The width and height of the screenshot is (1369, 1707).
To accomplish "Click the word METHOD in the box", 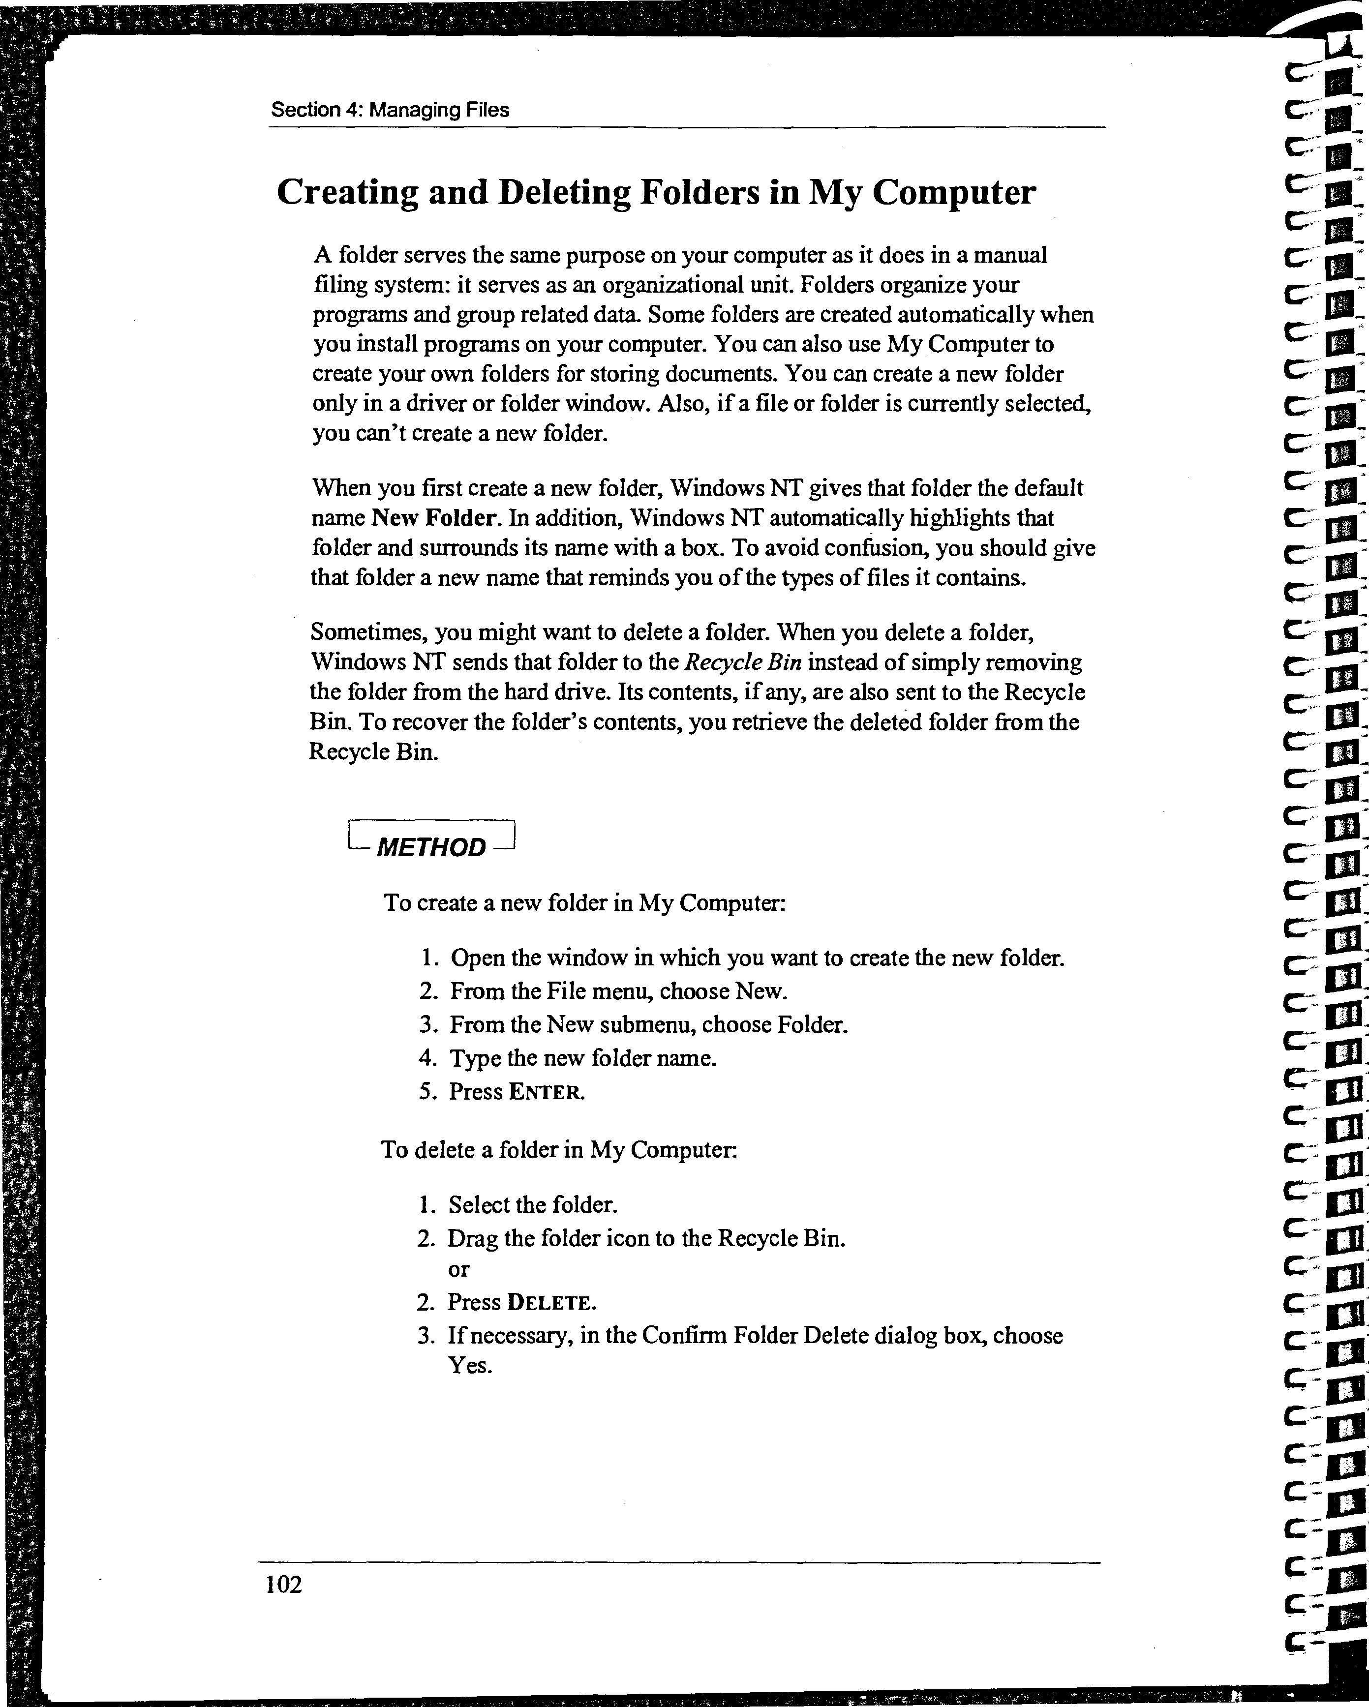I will (431, 848).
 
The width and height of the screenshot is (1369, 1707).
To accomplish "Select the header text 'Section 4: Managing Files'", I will (390, 110).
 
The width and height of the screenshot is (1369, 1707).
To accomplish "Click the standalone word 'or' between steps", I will (458, 1269).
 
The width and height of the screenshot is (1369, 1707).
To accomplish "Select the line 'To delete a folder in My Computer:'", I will (559, 1150).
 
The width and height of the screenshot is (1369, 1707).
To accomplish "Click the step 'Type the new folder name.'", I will (583, 1058).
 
